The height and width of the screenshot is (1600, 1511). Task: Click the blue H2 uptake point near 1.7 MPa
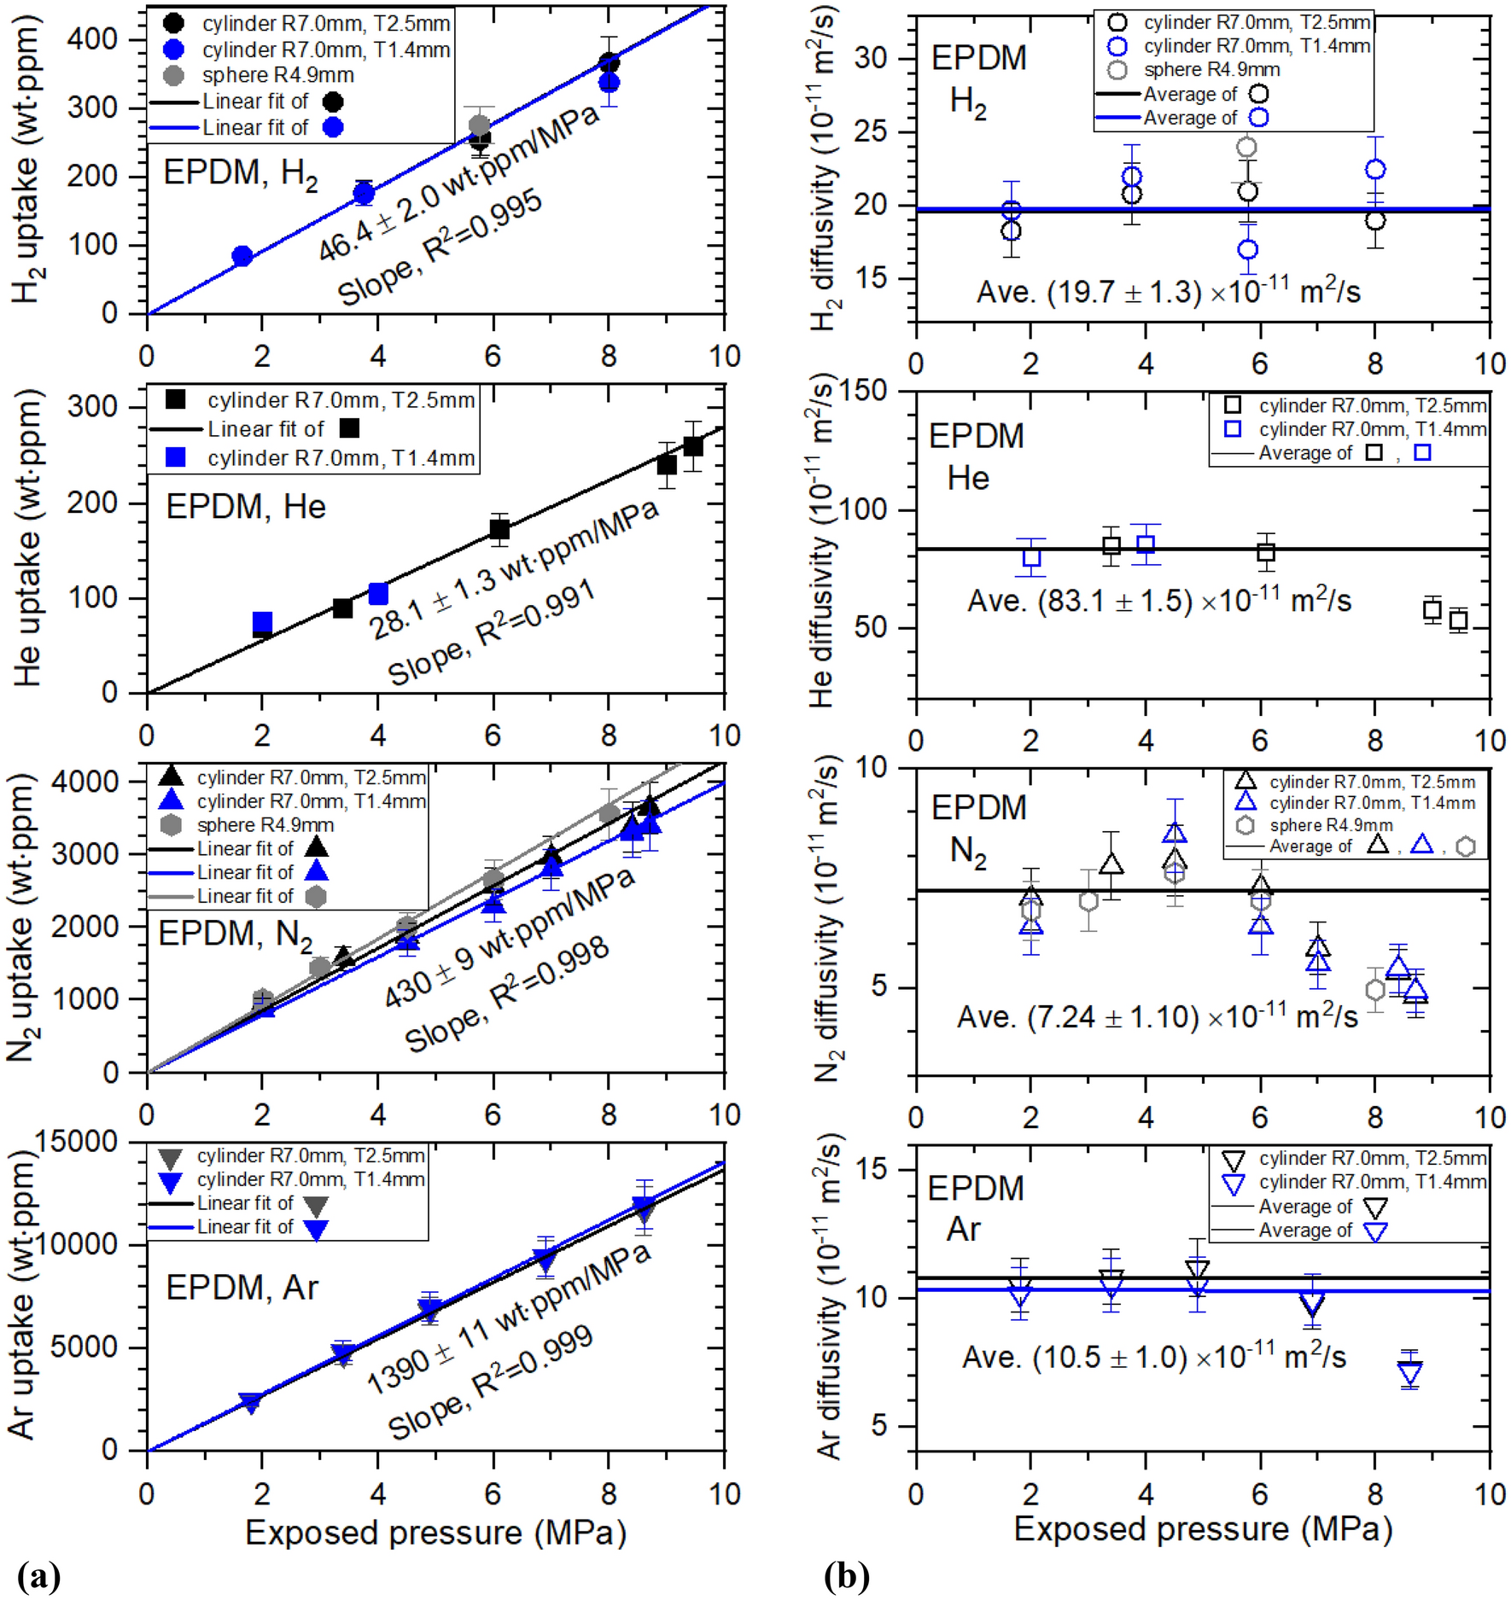tap(242, 256)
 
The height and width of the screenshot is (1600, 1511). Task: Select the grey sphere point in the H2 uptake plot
tap(480, 125)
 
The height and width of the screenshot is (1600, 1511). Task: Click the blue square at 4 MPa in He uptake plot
tap(378, 594)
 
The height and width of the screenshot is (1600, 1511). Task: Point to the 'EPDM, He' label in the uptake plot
tap(246, 507)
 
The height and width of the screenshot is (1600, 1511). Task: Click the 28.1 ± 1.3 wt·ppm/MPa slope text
tap(513, 571)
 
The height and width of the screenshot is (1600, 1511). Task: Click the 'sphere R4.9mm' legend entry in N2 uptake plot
tap(265, 825)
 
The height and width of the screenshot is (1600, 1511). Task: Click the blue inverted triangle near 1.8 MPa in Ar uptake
tap(250, 1402)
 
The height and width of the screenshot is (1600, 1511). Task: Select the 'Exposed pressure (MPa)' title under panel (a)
tap(435, 1533)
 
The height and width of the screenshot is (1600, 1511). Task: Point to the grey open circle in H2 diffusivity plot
tap(1247, 147)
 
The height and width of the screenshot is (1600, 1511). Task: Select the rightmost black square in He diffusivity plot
tap(1458, 620)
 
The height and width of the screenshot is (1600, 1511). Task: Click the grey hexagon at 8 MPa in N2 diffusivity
tap(1374, 990)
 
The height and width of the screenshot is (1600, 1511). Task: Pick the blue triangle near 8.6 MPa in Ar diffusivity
tap(1409, 1372)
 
